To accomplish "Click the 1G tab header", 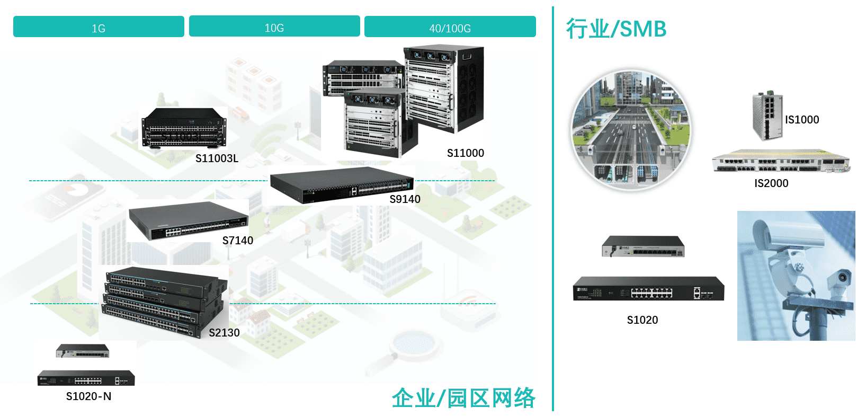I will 99,27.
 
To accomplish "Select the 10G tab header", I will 274,27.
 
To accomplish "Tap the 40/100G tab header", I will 450,27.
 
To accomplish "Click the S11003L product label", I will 217,158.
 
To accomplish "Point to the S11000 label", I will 465,153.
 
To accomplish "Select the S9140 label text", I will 405,199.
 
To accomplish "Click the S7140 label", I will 237,241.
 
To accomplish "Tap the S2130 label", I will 224,333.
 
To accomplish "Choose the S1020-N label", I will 88,396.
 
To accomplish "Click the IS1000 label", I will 801,120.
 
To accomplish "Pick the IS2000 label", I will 771,183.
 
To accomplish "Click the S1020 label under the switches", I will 642,320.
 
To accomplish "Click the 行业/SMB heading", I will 616,29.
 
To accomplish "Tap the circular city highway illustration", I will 630,130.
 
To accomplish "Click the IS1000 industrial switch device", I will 767,116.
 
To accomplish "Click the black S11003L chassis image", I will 183,128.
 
